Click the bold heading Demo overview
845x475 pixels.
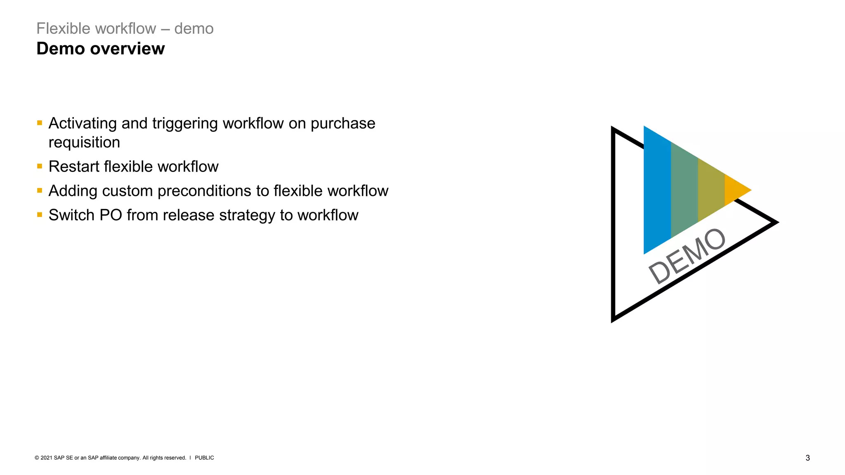[x=100, y=49]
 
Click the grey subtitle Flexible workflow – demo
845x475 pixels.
[x=125, y=28]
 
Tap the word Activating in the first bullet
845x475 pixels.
[x=83, y=123]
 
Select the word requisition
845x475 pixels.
[x=84, y=142]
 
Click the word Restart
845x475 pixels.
[x=74, y=167]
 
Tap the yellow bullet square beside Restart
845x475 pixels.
[x=40, y=166]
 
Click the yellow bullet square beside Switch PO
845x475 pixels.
[x=40, y=215]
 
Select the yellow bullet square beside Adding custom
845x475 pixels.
[x=40, y=190]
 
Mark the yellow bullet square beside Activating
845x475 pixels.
[x=40, y=123]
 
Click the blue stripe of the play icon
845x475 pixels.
[x=657, y=190]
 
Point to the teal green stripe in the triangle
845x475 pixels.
[x=684, y=190]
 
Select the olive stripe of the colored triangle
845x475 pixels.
[x=711, y=190]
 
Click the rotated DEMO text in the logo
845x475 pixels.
[x=687, y=256]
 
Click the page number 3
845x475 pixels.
[x=807, y=458]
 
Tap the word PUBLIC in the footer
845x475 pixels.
[x=204, y=458]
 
